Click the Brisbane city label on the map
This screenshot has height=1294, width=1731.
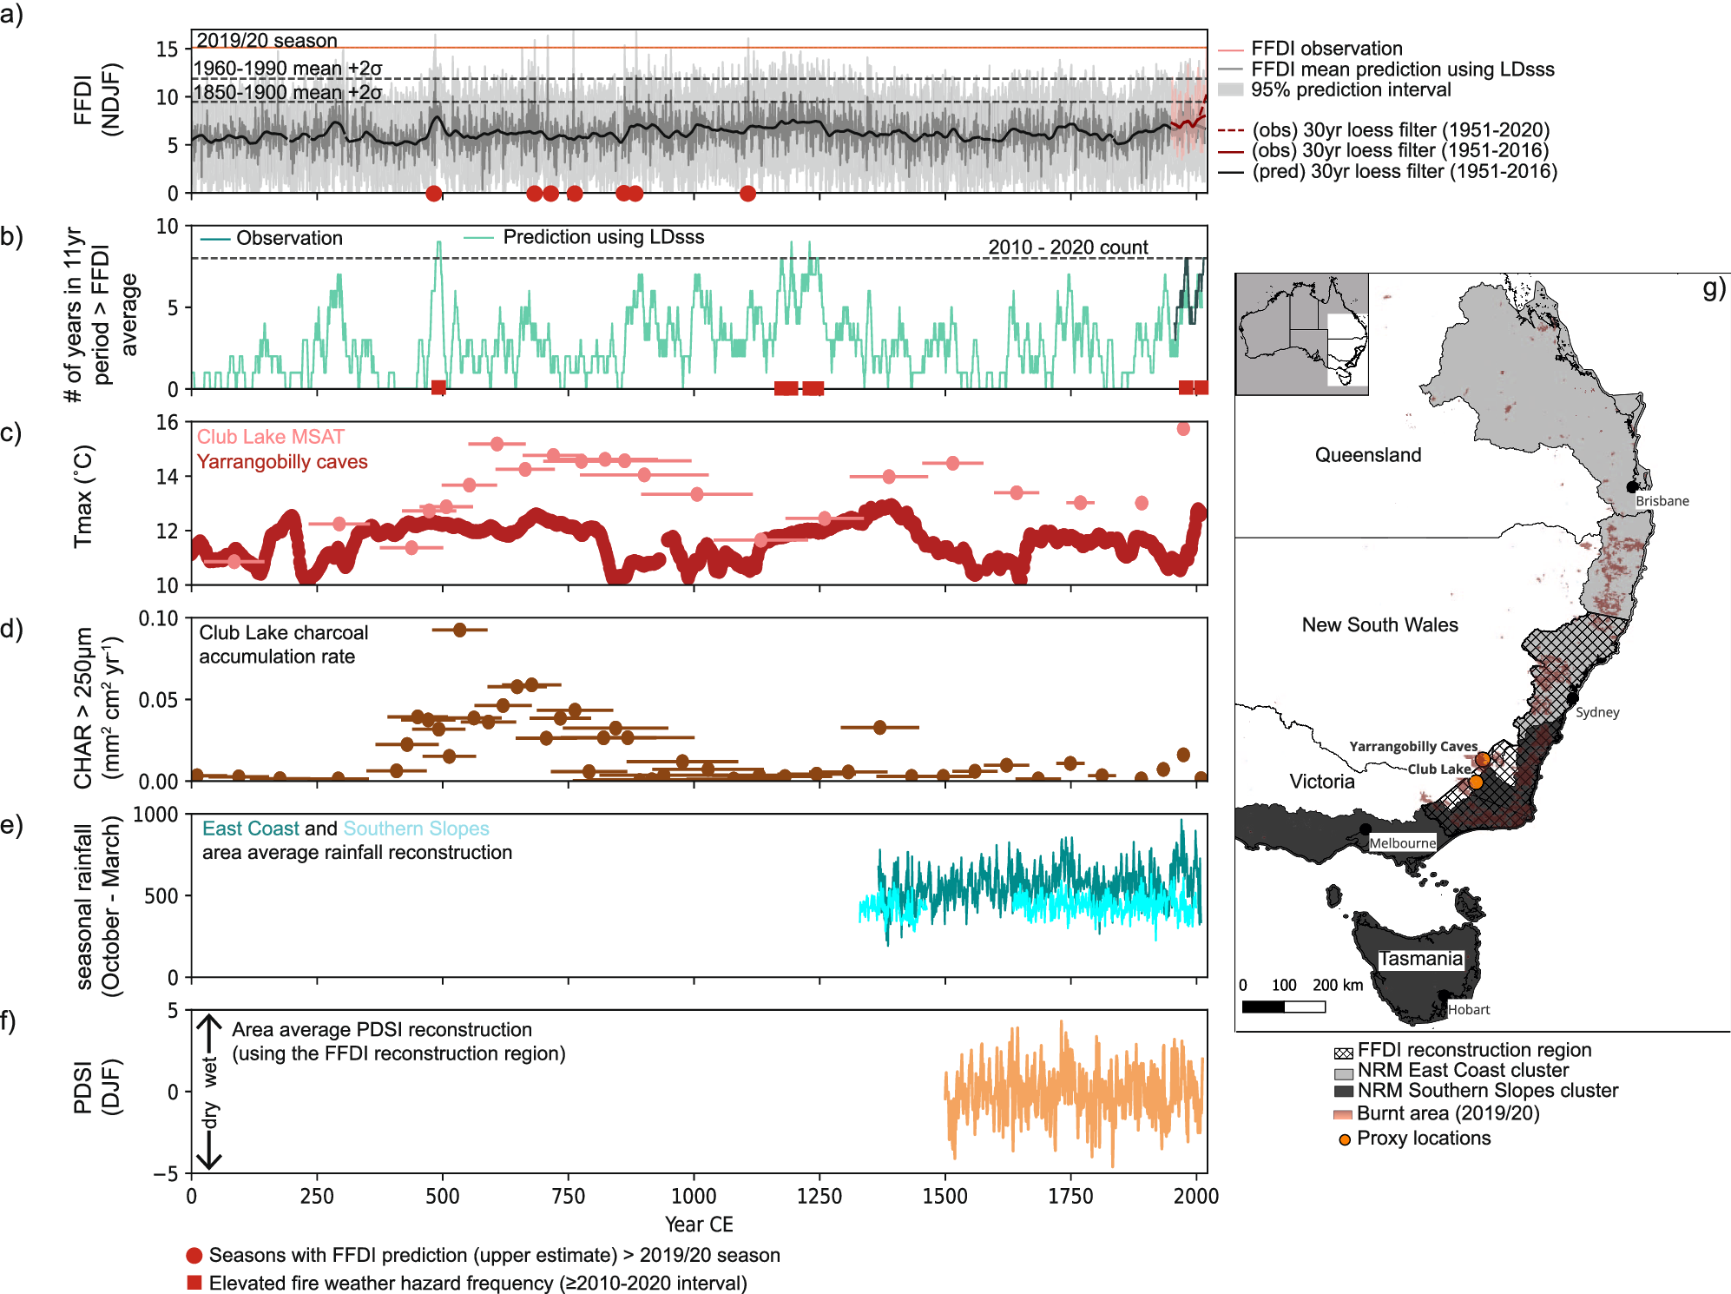(x=1662, y=501)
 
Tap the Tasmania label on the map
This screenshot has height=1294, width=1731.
(x=1420, y=959)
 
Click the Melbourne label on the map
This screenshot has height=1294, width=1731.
(x=1402, y=843)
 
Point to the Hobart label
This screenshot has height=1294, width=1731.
(x=1468, y=1009)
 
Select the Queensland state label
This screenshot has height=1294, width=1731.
(x=1367, y=455)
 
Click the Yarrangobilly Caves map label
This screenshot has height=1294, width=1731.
(x=1412, y=747)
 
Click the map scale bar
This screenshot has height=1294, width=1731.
(x=1283, y=1007)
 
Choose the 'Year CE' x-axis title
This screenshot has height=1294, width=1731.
(x=699, y=1225)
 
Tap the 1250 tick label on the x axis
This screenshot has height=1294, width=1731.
(x=819, y=1197)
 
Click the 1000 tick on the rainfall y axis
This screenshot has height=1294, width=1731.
(x=155, y=815)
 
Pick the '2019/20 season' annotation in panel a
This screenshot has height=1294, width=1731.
(x=267, y=41)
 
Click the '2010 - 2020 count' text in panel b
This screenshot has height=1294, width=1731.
(x=1067, y=248)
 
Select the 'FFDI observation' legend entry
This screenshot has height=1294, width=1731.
(x=1326, y=49)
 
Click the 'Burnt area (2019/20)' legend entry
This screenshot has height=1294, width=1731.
(x=1447, y=1113)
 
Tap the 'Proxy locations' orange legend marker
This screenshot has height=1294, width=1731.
(x=1344, y=1139)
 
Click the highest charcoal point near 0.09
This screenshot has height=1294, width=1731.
(x=459, y=630)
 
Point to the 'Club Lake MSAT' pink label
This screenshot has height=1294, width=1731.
(x=270, y=437)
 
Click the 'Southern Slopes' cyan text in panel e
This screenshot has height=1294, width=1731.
(x=416, y=829)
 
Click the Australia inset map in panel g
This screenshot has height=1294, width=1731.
(x=1301, y=334)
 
